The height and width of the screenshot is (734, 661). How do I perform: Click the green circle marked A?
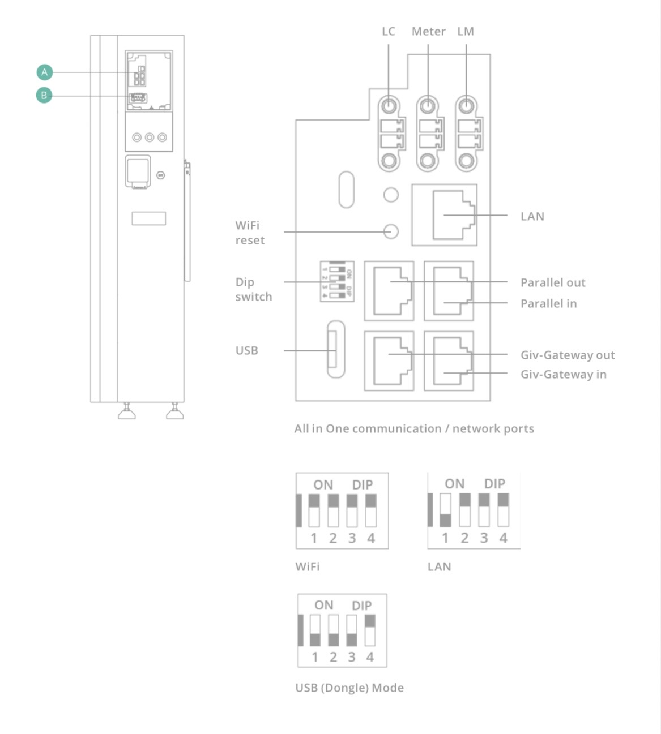pos(45,72)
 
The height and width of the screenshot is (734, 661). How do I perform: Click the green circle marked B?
pos(44,95)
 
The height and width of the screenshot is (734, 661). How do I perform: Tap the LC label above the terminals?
pos(388,32)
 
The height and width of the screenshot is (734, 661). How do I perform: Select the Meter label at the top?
pos(428,32)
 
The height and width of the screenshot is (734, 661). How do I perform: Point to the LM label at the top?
pos(466,32)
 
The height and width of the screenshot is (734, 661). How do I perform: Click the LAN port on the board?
pos(445,215)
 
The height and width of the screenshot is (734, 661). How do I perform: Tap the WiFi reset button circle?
pos(391,231)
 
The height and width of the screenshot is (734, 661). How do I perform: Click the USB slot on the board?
pos(335,350)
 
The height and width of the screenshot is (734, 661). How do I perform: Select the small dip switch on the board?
pos(337,281)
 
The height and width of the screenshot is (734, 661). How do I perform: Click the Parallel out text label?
pos(553,282)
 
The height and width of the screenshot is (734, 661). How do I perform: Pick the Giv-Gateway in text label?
pos(563,374)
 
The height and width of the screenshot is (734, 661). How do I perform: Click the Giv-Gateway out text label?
pos(568,355)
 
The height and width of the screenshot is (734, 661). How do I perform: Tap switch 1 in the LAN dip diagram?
pos(446,510)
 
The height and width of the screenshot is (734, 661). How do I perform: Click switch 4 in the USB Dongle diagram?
pos(370,630)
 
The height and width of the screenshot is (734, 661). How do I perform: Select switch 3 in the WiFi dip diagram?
pos(352,510)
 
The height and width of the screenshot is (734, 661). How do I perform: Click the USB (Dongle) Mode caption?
pos(349,688)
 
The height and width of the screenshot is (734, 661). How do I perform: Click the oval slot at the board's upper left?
pos(346,190)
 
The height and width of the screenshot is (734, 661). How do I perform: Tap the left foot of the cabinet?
pos(126,413)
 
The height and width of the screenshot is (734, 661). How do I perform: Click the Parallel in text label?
pos(548,303)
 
